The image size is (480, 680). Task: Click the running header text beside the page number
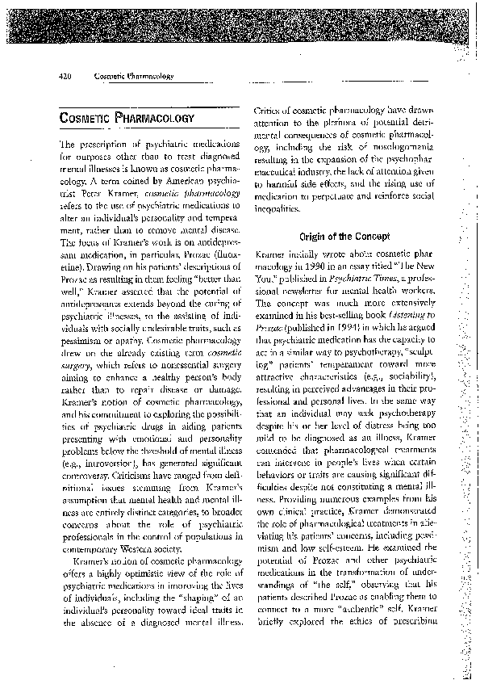[x=134, y=76]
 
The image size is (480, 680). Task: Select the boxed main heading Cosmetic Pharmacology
[x=127, y=119]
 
